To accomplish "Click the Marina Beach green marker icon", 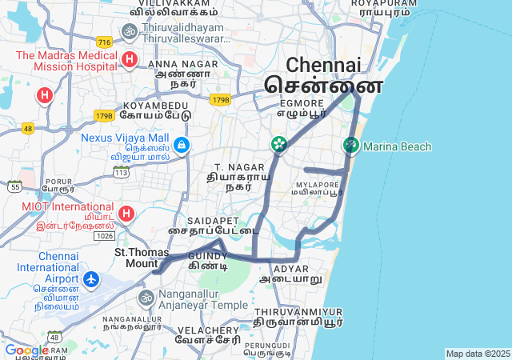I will point(350,146).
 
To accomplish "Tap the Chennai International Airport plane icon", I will point(91,280).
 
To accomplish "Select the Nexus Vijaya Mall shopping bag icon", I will point(182,144).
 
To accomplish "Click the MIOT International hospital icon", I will point(126,214).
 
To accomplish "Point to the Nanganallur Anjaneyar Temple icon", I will point(146,298).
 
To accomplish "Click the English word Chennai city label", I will point(323,65).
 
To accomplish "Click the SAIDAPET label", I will point(213,220).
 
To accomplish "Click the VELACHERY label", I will point(209,330).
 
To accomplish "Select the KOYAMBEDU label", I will point(156,106).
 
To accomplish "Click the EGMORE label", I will point(302,103).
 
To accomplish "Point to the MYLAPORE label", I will point(318,185).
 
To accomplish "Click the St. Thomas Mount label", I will point(136,257).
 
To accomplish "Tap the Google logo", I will point(26,350).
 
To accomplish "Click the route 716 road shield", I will point(103,41).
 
